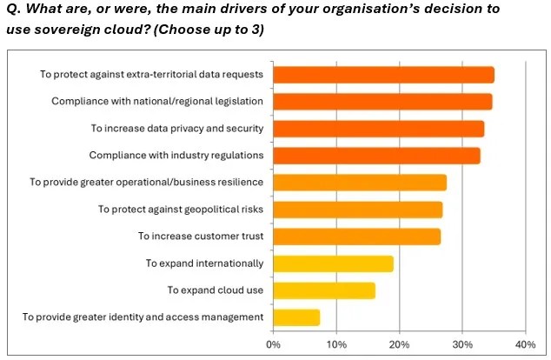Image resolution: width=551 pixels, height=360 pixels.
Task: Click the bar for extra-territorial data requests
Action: click(383, 75)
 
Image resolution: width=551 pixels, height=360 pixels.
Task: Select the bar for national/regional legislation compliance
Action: click(382, 102)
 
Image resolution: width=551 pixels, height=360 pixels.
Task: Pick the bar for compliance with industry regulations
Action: click(376, 156)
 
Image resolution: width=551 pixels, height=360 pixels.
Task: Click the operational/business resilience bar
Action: click(360, 183)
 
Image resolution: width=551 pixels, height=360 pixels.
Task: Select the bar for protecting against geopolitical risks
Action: click(357, 210)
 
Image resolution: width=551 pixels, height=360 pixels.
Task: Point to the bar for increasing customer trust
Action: click(356, 237)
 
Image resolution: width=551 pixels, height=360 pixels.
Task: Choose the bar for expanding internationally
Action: click(333, 263)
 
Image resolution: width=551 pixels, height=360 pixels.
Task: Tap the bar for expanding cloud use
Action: click(324, 290)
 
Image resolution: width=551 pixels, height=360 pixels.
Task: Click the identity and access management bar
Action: click(296, 317)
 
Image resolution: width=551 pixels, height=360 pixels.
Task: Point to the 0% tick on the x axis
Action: click(273, 344)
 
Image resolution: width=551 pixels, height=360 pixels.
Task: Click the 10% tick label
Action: click(336, 344)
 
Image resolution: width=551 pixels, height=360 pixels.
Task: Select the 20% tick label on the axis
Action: click(399, 344)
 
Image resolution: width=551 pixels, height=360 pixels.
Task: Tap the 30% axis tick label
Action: click(462, 344)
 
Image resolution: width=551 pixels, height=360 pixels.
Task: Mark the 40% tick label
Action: click(525, 344)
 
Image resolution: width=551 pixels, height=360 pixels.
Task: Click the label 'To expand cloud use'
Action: click(215, 290)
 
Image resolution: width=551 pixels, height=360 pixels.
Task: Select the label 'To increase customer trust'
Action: click(201, 237)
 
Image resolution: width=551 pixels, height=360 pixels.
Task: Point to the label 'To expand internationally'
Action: click(204, 263)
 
